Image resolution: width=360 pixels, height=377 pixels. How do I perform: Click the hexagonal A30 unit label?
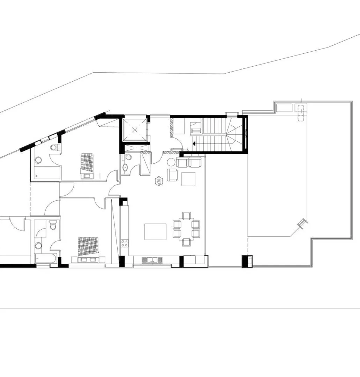point(159,181)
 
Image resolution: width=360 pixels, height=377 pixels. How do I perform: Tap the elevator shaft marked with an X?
point(135,130)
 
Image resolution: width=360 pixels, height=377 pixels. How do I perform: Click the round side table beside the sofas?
point(171,162)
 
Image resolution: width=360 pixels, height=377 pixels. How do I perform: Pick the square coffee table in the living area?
point(188,179)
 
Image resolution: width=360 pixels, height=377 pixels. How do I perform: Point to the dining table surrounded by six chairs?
point(186,229)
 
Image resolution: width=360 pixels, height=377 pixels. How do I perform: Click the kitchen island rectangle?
point(155,232)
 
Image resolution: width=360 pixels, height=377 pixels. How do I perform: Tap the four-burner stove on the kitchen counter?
point(125,243)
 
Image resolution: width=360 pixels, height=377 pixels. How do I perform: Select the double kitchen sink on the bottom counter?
point(152,260)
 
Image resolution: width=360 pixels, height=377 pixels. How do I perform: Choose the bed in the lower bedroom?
point(88,246)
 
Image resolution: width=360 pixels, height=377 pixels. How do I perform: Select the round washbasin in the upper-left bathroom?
point(38,160)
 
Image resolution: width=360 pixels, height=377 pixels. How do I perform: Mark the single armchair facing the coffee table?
point(172,175)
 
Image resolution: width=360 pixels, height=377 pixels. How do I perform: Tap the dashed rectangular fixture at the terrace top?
point(300,111)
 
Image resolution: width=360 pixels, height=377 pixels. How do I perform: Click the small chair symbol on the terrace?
point(302,222)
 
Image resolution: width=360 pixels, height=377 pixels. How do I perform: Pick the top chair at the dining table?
point(186,216)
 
